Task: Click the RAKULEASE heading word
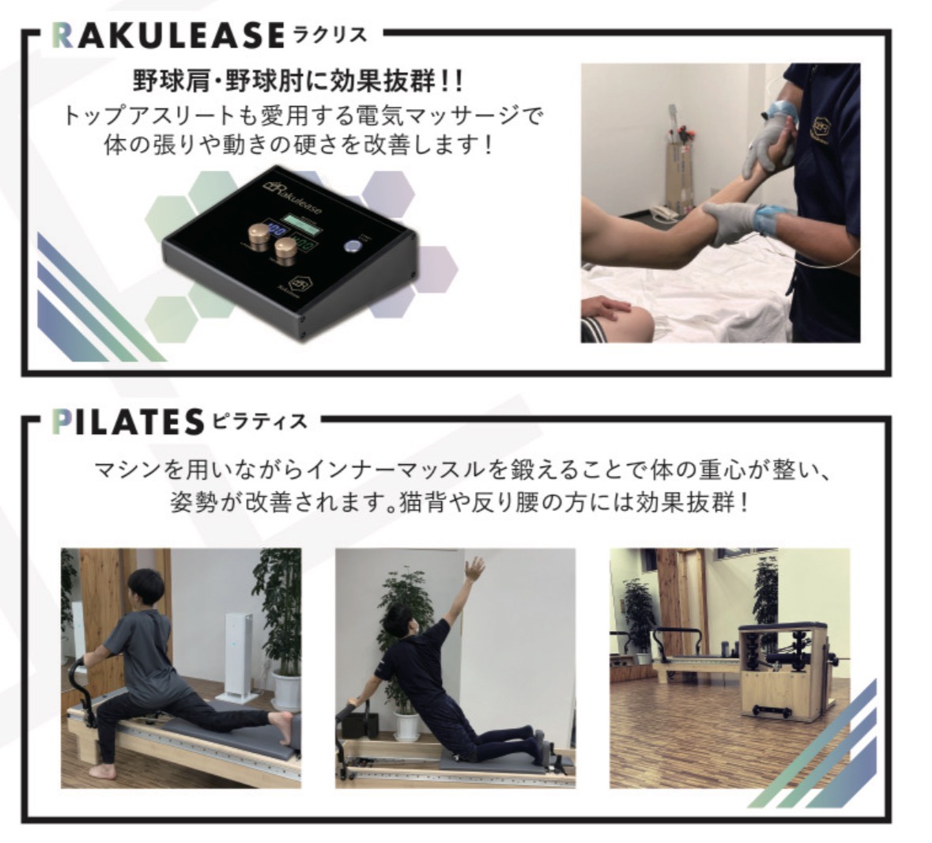tap(168, 36)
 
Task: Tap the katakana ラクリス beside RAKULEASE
tap(330, 36)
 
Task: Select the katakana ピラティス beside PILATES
tap(259, 421)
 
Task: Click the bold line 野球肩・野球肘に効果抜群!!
tap(298, 80)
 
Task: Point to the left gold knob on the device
tap(258, 233)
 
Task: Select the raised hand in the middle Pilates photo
tap(474, 569)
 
